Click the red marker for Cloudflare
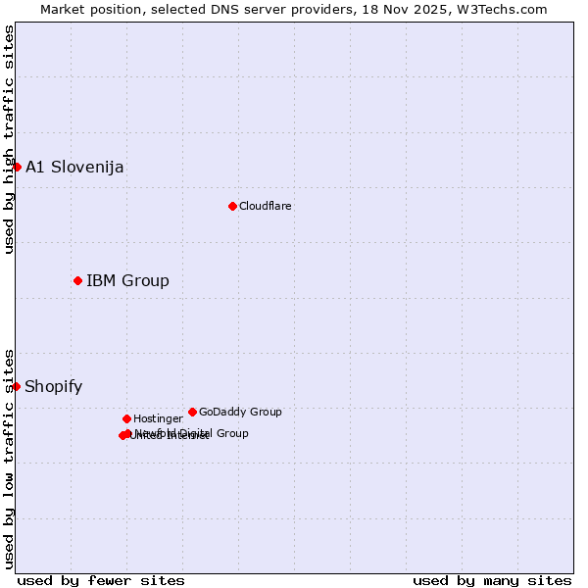pos(232,206)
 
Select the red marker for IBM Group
pos(77,281)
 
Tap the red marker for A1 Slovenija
pos(17,167)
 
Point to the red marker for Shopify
pos(17,386)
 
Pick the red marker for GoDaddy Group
pos(192,412)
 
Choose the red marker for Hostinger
pos(126,418)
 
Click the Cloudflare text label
pos(266,206)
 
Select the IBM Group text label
pos(127,281)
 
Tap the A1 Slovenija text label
pos(74,167)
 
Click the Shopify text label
pos(53,386)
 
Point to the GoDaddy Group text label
pos(240,412)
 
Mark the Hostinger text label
pos(158,418)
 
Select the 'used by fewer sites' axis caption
pos(101,580)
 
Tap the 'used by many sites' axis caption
pos(492,580)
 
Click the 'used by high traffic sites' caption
pos(9,139)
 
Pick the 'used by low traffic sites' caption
pos(9,458)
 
